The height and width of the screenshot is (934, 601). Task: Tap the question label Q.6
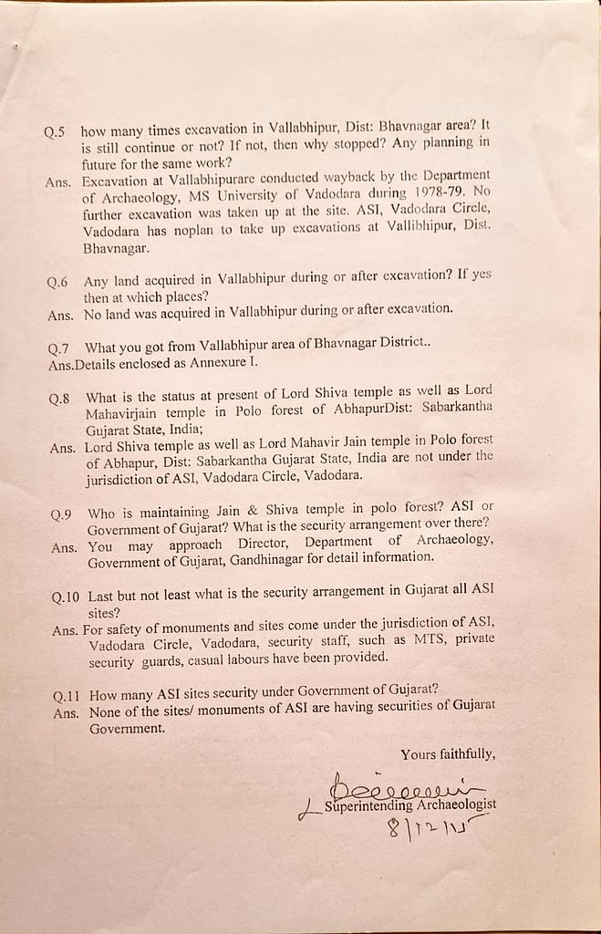pyautogui.click(x=57, y=283)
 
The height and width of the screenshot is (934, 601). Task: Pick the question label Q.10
pyautogui.click(x=67, y=597)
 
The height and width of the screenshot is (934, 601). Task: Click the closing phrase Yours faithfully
pyautogui.click(x=448, y=754)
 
